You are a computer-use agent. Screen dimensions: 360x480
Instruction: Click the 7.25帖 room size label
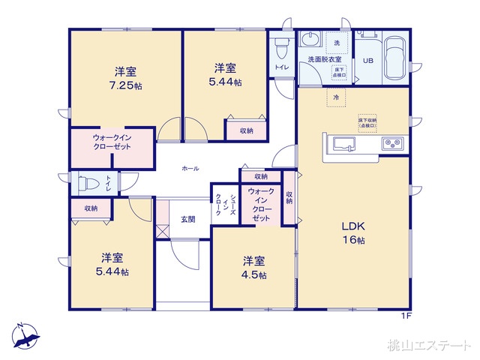pos(125,85)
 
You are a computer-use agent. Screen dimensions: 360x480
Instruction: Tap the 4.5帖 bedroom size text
pos(253,274)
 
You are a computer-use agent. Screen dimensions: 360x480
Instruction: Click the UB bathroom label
pos(368,61)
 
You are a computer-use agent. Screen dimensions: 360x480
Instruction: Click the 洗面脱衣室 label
pos(319,60)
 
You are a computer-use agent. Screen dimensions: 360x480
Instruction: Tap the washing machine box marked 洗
pos(337,43)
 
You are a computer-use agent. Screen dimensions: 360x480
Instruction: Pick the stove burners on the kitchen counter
pos(392,142)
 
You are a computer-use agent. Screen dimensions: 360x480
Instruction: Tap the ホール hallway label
pos(190,169)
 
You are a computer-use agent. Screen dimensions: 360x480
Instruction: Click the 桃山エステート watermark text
pos(428,346)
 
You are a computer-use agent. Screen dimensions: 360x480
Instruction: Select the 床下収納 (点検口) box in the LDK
pos(367,122)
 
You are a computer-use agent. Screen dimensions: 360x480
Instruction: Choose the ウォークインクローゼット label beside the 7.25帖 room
pos(112,142)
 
